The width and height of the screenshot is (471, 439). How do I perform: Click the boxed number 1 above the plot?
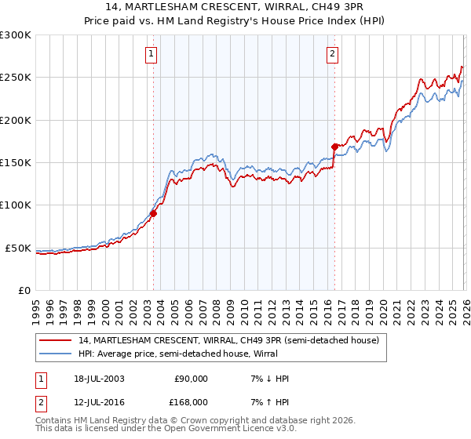coord(151,54)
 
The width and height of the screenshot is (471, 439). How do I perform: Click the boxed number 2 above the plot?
coord(332,54)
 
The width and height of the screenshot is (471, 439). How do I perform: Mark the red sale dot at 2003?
coord(154,212)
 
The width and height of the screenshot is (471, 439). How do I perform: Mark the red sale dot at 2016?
coord(334,147)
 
